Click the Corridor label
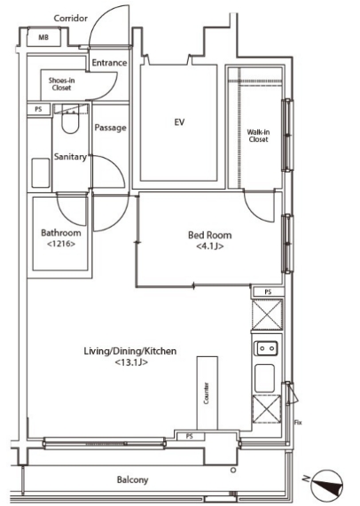[x=70, y=19]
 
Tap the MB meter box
[x=43, y=37]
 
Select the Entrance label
[x=109, y=63]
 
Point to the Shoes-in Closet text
[x=62, y=84]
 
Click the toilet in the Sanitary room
[x=70, y=122]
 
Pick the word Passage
[x=111, y=128]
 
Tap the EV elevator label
[x=179, y=122]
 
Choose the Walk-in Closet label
[x=258, y=136]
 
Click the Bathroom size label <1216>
[x=61, y=244]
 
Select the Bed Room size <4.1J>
[x=210, y=246]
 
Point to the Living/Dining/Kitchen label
[x=130, y=351]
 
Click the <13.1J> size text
[x=131, y=362]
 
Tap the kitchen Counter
[x=207, y=393]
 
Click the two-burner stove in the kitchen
[x=267, y=348]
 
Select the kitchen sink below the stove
[x=265, y=378]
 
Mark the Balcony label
[x=132, y=480]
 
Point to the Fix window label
[x=298, y=423]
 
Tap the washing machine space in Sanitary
[x=41, y=173]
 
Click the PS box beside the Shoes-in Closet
[x=39, y=109]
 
